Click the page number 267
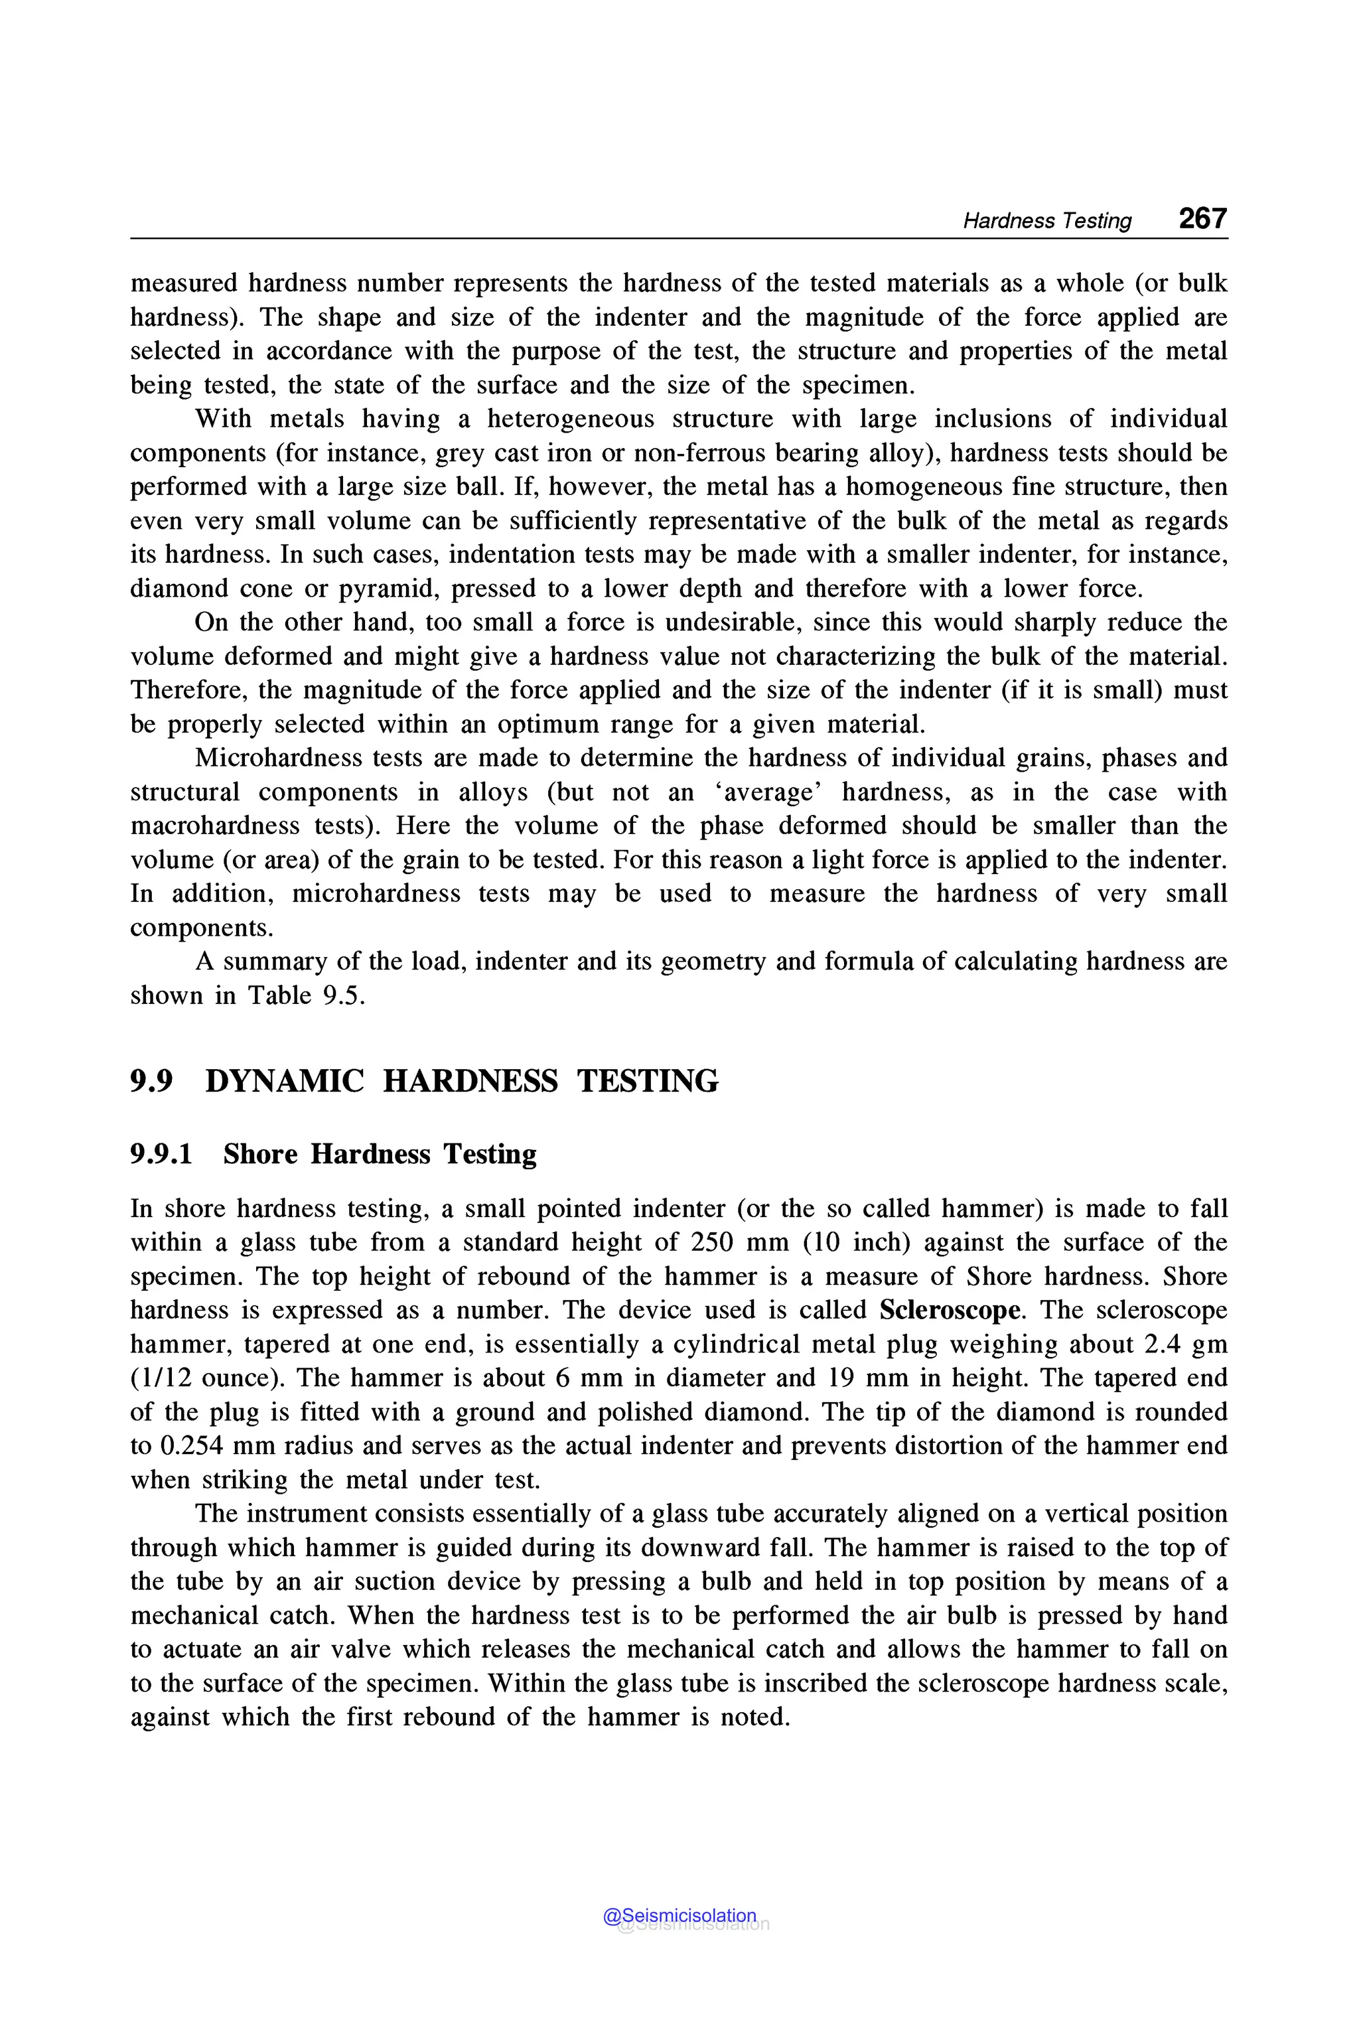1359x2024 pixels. pos(1202,218)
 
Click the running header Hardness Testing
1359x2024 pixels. pos(1047,221)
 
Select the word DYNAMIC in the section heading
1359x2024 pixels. pos(284,1081)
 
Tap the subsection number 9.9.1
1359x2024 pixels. pos(161,1154)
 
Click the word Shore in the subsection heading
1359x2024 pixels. pos(260,1154)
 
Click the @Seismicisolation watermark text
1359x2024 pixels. pos(679,1916)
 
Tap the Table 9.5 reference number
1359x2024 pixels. pos(339,995)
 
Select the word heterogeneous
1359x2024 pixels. pos(570,419)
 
